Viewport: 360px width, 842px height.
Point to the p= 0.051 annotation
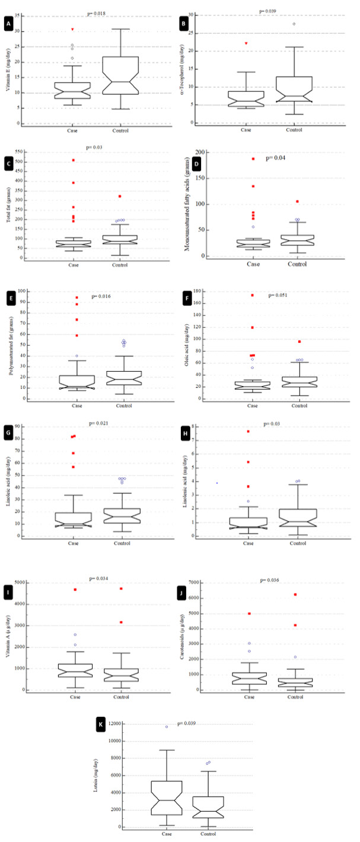278,295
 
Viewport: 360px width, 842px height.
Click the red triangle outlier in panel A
73,29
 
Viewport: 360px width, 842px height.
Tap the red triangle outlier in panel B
247,43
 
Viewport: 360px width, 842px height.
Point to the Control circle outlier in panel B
293,24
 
